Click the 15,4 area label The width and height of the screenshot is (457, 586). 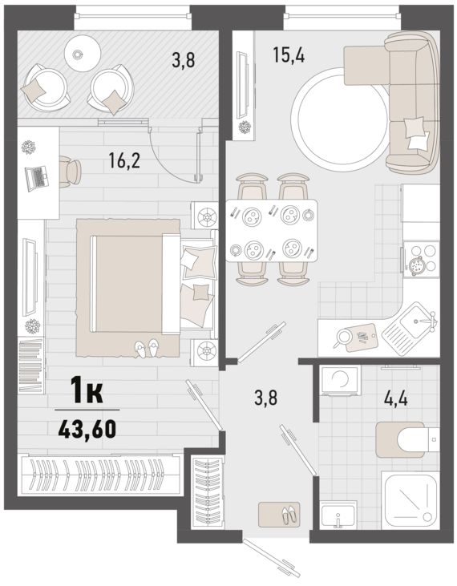tap(289, 55)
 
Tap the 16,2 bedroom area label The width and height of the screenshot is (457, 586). tap(124, 160)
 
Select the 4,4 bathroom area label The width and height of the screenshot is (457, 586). tap(396, 398)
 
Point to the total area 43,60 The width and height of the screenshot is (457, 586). tap(87, 429)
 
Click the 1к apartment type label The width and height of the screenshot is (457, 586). tap(87, 390)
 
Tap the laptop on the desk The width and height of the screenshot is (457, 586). tap(37, 178)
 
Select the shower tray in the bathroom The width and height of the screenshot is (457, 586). tap(410, 500)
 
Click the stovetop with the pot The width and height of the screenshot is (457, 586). tap(421, 259)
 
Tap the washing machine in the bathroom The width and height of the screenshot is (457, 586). tap(341, 381)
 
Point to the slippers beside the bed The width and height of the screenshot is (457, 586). tap(147, 348)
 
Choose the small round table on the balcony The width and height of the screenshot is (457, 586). tap(83, 54)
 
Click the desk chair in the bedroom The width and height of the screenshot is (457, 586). tap(70, 172)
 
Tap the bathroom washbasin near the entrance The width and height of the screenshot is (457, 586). tap(338, 515)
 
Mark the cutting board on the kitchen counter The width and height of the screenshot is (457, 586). tap(361, 337)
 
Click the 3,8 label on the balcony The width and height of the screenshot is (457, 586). tap(183, 60)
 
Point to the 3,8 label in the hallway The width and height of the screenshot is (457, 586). tap(265, 398)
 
